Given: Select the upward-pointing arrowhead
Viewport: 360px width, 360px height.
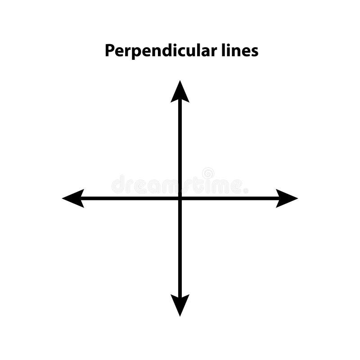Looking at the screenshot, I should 180,92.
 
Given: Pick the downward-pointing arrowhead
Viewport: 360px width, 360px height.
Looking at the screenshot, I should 180,304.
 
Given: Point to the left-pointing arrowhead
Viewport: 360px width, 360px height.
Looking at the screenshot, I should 74,198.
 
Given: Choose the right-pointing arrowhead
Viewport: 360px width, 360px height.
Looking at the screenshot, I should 286,198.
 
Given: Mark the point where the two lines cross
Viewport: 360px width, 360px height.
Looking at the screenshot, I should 180,198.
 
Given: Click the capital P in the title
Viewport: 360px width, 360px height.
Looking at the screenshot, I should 109,50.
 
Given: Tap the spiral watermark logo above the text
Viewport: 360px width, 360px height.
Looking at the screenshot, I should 208,173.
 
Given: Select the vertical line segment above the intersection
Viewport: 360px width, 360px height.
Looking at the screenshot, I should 180,148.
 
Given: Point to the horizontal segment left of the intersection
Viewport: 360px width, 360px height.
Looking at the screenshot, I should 130,198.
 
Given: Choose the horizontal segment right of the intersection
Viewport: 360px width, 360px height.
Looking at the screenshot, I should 229,198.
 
